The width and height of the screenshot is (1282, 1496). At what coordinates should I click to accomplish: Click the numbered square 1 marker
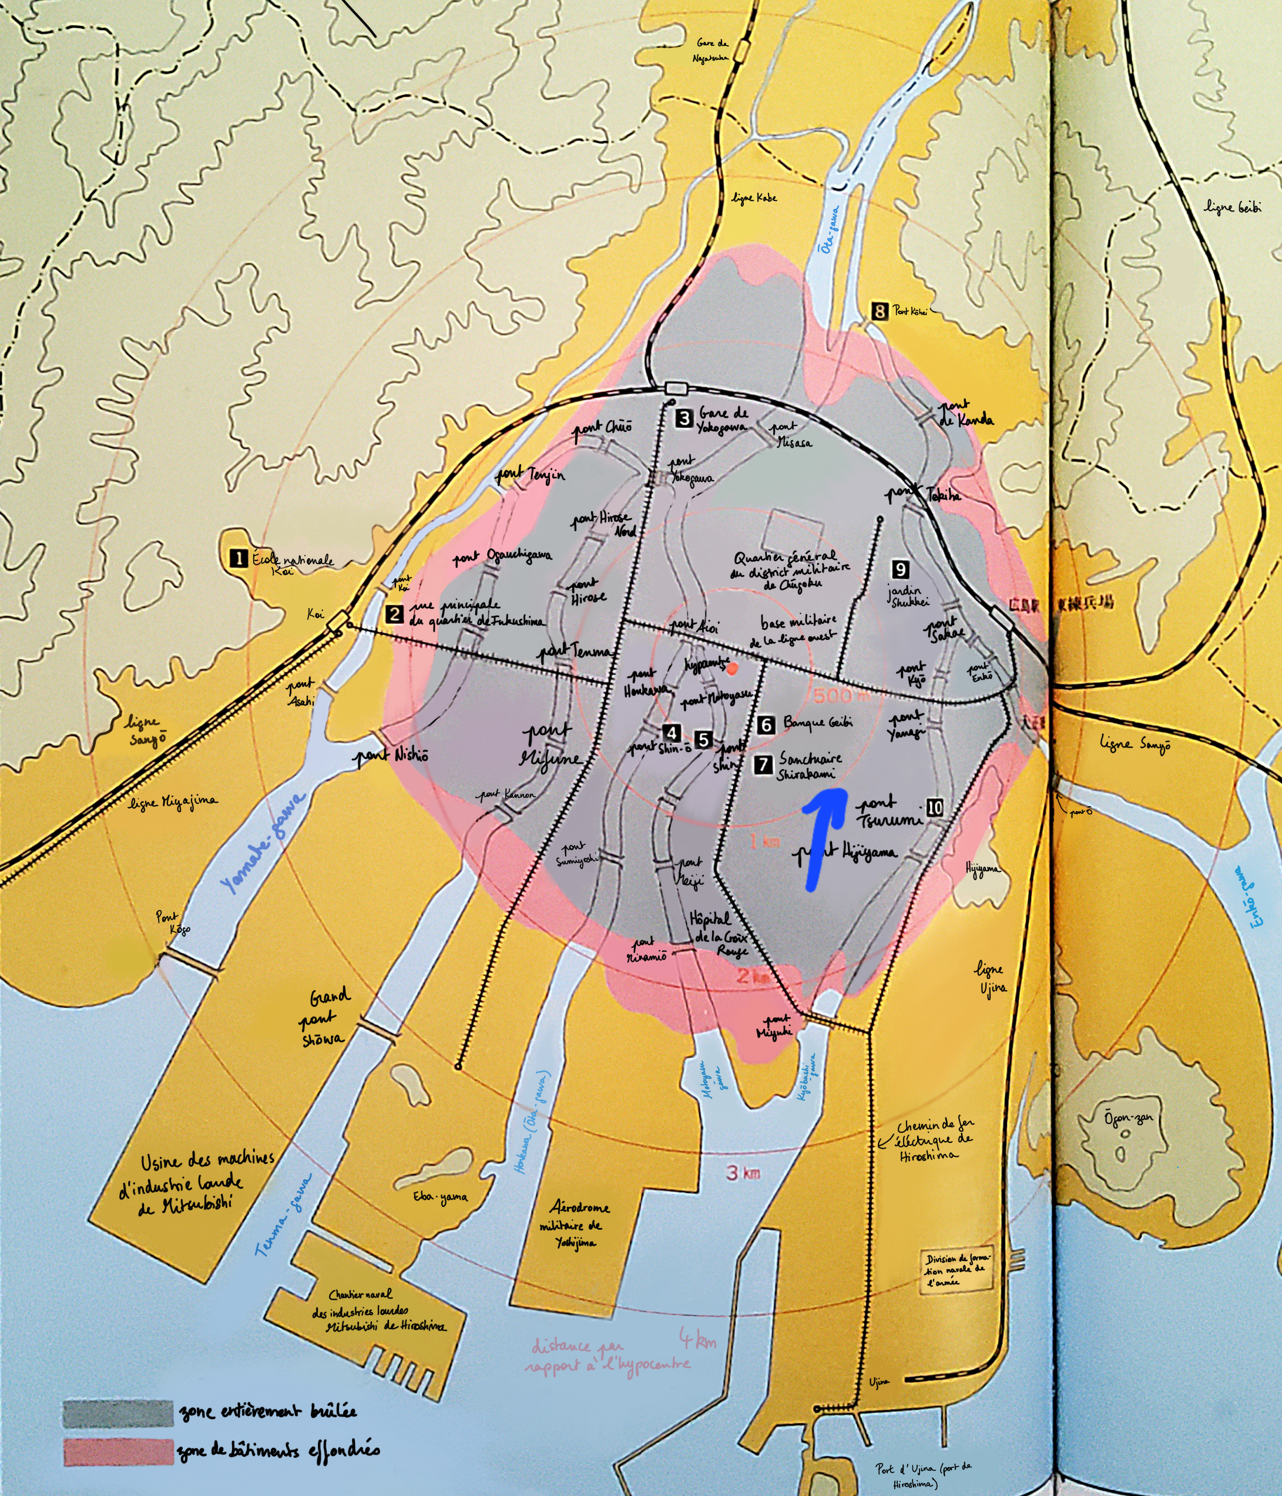(x=237, y=558)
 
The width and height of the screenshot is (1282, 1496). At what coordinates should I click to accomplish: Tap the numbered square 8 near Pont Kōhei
(x=878, y=311)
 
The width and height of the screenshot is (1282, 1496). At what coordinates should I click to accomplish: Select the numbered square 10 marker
(x=934, y=807)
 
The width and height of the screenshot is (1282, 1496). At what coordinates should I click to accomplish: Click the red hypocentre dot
(x=733, y=669)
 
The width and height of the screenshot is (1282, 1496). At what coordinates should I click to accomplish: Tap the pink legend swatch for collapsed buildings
(x=118, y=1452)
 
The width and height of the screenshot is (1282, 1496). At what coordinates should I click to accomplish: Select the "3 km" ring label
(x=743, y=1173)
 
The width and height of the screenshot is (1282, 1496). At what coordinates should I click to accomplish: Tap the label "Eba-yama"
(x=439, y=1197)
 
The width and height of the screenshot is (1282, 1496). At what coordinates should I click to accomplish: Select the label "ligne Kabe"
(x=754, y=197)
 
